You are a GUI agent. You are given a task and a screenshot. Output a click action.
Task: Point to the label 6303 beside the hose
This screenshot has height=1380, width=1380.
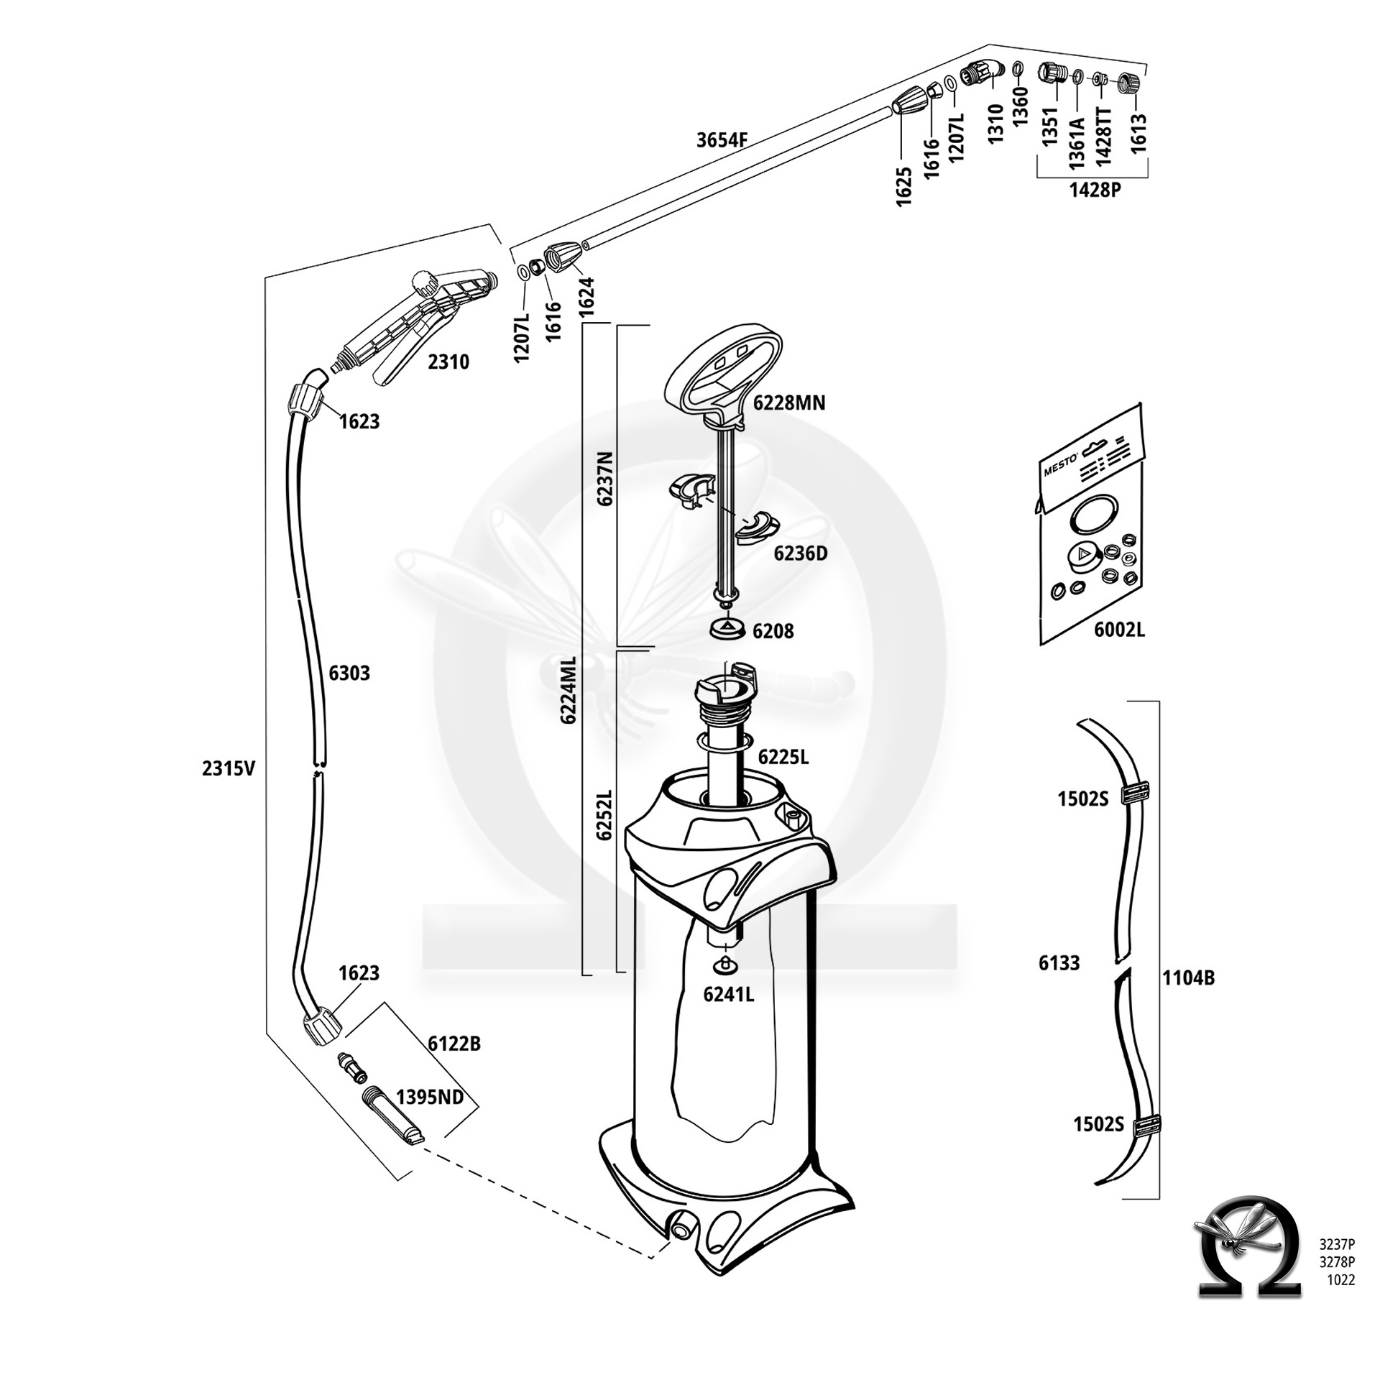pos(349,673)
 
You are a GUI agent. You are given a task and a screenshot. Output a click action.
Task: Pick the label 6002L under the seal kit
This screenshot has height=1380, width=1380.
pos(1119,630)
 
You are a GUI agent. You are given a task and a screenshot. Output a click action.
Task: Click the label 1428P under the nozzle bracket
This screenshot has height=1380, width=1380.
pos(1095,190)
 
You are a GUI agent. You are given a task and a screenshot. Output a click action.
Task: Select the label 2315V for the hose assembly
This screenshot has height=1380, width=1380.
pos(229,769)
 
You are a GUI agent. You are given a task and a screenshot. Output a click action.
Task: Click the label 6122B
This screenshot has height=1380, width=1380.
pos(454,1044)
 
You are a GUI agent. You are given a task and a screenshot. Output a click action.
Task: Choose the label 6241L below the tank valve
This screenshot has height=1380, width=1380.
pos(729,995)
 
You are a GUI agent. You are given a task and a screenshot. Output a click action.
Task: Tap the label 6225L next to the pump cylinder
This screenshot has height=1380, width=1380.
pos(783,757)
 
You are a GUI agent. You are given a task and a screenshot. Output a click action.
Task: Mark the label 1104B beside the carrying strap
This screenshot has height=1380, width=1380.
pos(1189,978)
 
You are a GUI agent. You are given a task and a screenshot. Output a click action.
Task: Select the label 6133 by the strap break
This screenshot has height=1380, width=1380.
pos(1059,963)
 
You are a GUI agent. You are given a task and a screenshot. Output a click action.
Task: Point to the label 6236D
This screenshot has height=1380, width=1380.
pos(801,553)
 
